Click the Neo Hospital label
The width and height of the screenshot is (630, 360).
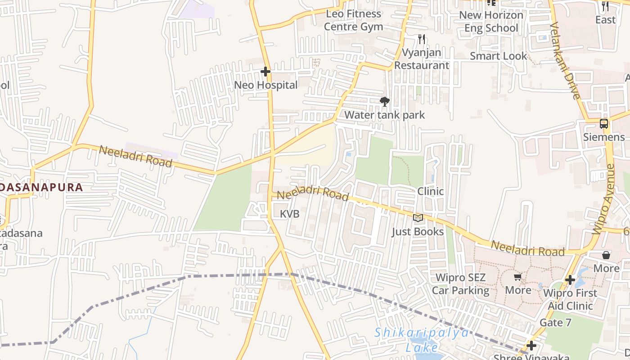[x=266, y=85]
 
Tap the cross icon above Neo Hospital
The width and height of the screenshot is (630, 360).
[x=265, y=71]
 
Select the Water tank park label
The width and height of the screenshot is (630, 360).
[x=384, y=115]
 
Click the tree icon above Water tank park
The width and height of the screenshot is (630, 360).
[x=384, y=102]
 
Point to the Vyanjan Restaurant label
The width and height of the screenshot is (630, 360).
[x=422, y=59]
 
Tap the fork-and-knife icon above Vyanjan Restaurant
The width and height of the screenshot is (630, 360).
[x=421, y=39]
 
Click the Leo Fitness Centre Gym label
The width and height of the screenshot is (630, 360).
[x=353, y=20]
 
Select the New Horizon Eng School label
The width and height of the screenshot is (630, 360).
[x=491, y=22]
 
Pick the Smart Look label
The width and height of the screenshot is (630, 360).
[x=498, y=56]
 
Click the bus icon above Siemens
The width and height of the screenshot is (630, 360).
[x=604, y=124]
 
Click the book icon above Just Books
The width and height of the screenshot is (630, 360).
[x=418, y=218]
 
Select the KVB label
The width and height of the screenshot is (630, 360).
[x=289, y=214]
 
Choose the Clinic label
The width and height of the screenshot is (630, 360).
[x=430, y=191]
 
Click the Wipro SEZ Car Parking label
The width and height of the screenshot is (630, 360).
[x=460, y=284]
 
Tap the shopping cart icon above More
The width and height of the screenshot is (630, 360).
[x=517, y=277]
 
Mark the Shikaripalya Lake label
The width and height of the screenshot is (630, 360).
[x=422, y=340]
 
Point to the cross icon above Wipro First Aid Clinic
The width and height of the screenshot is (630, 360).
[x=570, y=280]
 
